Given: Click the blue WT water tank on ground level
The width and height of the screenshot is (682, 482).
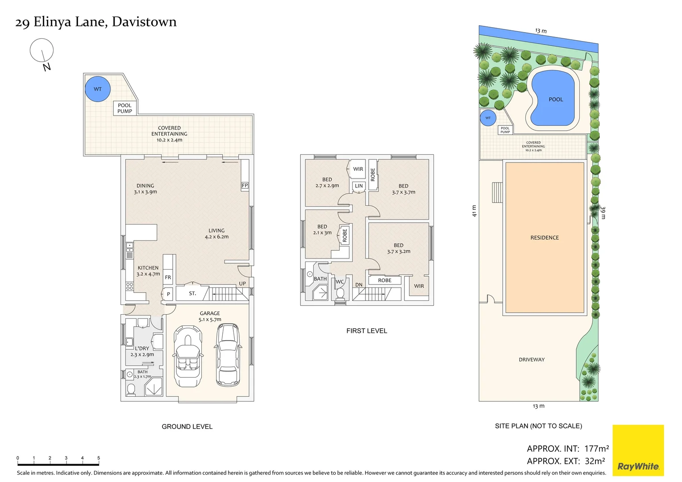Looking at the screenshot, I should coord(97,89).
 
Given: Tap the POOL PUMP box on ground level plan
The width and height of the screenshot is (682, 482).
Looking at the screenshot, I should coord(125,108).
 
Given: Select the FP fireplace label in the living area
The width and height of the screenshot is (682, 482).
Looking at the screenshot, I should coord(245,185).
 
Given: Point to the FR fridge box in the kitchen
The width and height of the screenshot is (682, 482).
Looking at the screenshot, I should coord(168,277).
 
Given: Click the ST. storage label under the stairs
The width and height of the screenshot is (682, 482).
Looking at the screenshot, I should coord(192,293).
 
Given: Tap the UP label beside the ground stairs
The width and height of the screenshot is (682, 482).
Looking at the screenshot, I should coord(242,283).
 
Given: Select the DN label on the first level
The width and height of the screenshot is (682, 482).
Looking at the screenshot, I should coord(359,285).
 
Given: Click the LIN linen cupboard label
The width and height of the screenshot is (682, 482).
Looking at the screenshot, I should coord(359,186).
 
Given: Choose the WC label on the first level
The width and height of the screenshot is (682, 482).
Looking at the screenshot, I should coord(340,282).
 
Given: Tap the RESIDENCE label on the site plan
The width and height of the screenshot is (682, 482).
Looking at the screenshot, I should coord(545,237).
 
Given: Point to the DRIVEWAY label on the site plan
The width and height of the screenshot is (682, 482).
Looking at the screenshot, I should coord(532,359).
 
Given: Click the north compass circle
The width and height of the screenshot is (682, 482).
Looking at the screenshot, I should coord(42,50).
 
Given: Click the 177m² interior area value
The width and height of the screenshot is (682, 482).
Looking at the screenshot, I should coord(596,449).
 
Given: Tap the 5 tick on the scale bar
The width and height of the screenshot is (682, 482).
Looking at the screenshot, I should coord(98,458).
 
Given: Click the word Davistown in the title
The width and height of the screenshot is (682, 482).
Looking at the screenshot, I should coord(144,22).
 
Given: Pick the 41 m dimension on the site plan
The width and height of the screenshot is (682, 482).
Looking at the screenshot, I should coord(474,211).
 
